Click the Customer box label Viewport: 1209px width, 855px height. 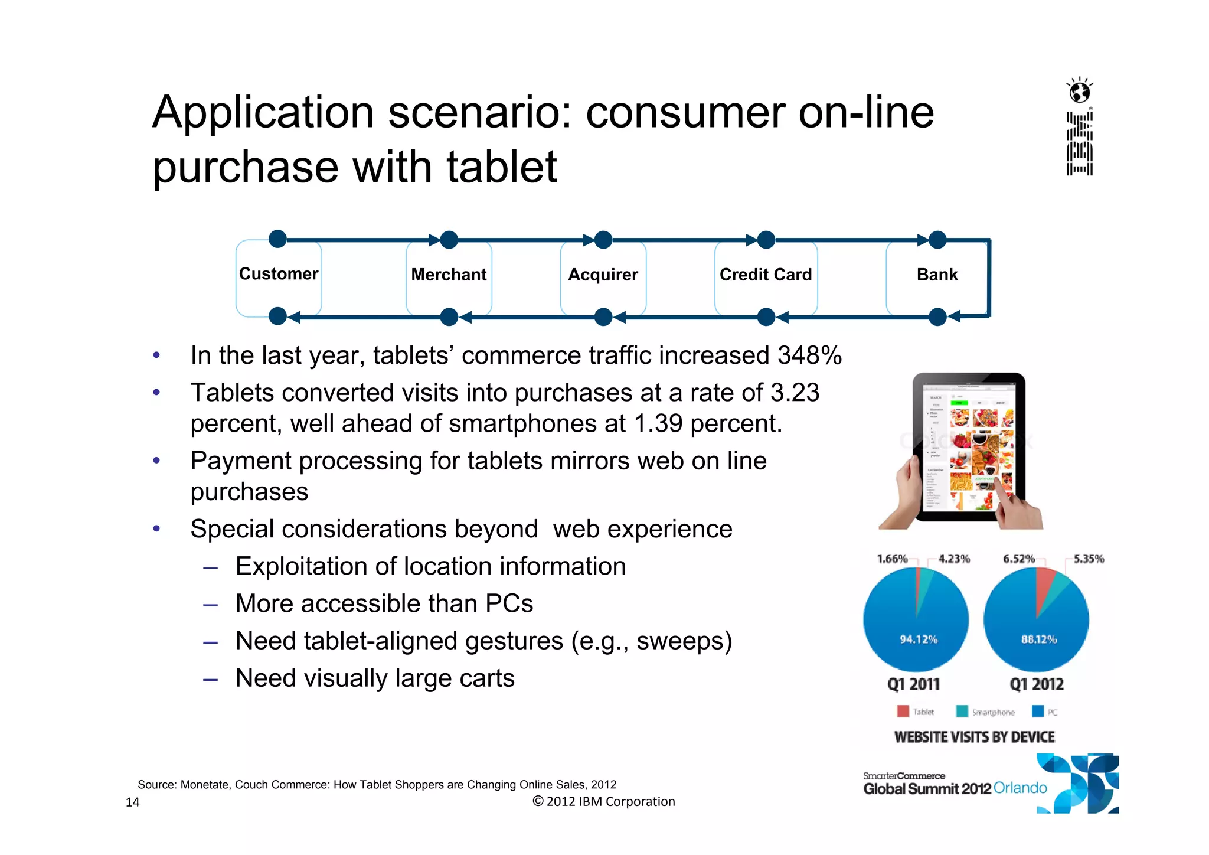(279, 274)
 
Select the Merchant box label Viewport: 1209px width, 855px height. (449, 275)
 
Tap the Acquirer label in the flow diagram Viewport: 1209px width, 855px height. (603, 275)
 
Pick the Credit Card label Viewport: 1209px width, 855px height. (766, 275)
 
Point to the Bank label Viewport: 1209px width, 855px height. (937, 275)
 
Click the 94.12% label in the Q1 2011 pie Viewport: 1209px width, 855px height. (918, 639)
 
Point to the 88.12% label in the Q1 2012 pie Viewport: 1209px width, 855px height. (1038, 639)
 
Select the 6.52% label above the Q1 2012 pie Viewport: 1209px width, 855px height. (1018, 559)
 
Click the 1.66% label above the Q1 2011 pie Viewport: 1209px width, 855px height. (892, 559)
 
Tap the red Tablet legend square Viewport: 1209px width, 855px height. (903, 711)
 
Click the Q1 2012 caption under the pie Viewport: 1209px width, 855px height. (1036, 684)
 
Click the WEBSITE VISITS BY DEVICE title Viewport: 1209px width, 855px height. (974, 737)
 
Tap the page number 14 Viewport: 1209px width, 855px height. (132, 802)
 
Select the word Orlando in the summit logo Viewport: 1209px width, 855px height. (1020, 788)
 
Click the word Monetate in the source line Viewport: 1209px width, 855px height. (204, 785)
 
